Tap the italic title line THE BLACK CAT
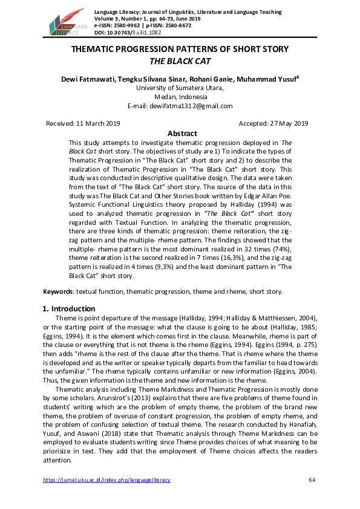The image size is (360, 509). (180, 61)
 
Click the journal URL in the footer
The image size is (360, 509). (106, 480)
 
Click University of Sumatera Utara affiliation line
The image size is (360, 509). (180, 88)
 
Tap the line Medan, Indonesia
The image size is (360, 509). (180, 97)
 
